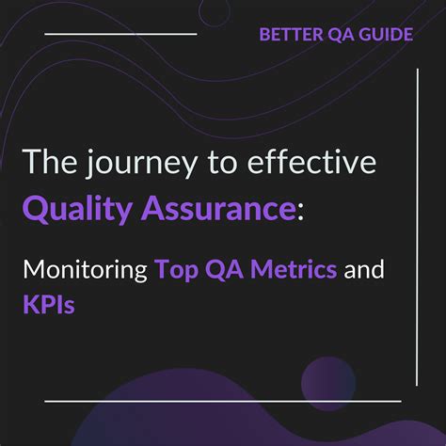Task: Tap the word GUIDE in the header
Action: click(x=384, y=36)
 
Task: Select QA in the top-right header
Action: click(x=335, y=36)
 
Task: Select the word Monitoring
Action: click(x=87, y=272)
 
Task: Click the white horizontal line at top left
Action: click(x=120, y=33)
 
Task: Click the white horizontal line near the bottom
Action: click(x=222, y=401)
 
